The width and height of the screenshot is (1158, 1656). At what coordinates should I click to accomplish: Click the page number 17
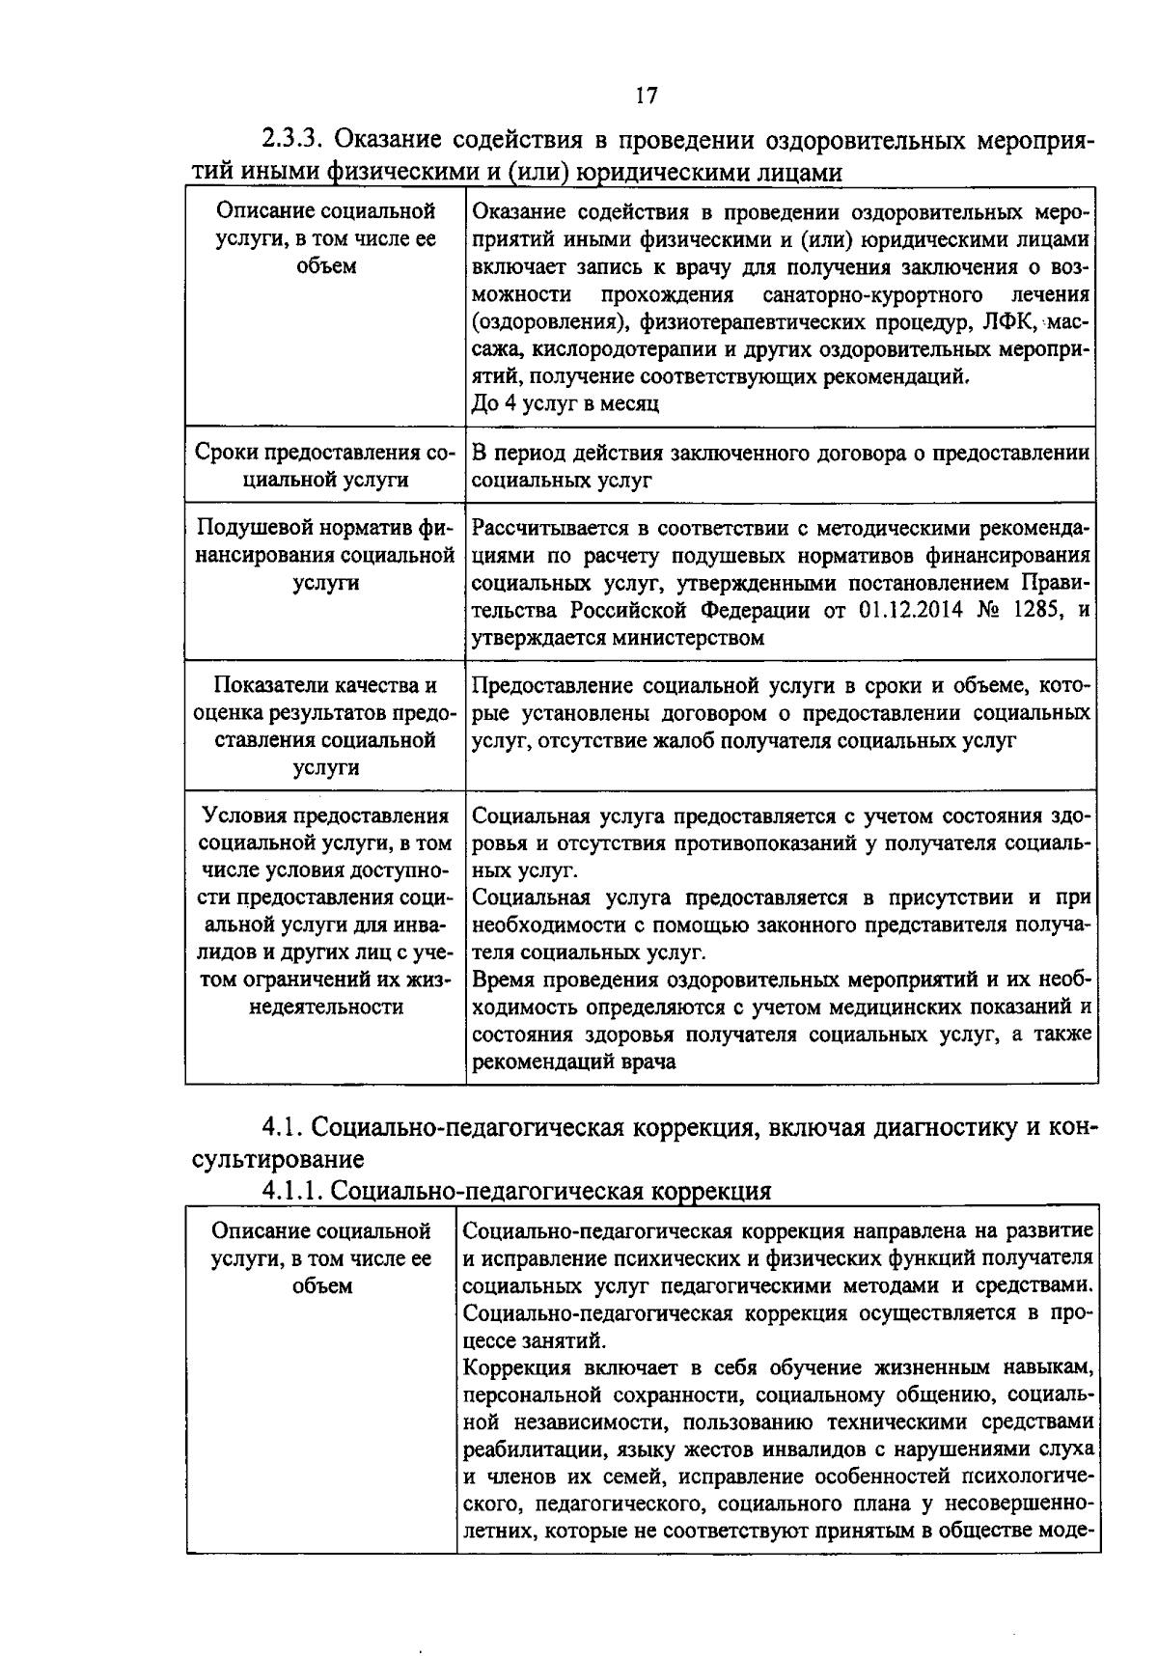646,95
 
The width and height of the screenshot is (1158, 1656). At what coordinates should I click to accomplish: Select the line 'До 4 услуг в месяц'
565,403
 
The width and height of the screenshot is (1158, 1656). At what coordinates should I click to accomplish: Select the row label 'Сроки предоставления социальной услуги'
325,466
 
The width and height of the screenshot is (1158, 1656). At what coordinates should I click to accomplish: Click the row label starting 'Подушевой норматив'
325,556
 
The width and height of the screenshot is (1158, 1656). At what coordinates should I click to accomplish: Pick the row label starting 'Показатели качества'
325,727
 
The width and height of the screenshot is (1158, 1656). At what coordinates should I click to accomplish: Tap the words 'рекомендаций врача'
573,1063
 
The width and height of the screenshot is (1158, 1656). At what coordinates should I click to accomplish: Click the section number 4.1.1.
292,1191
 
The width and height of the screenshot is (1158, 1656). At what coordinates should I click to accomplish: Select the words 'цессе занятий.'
535,1340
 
